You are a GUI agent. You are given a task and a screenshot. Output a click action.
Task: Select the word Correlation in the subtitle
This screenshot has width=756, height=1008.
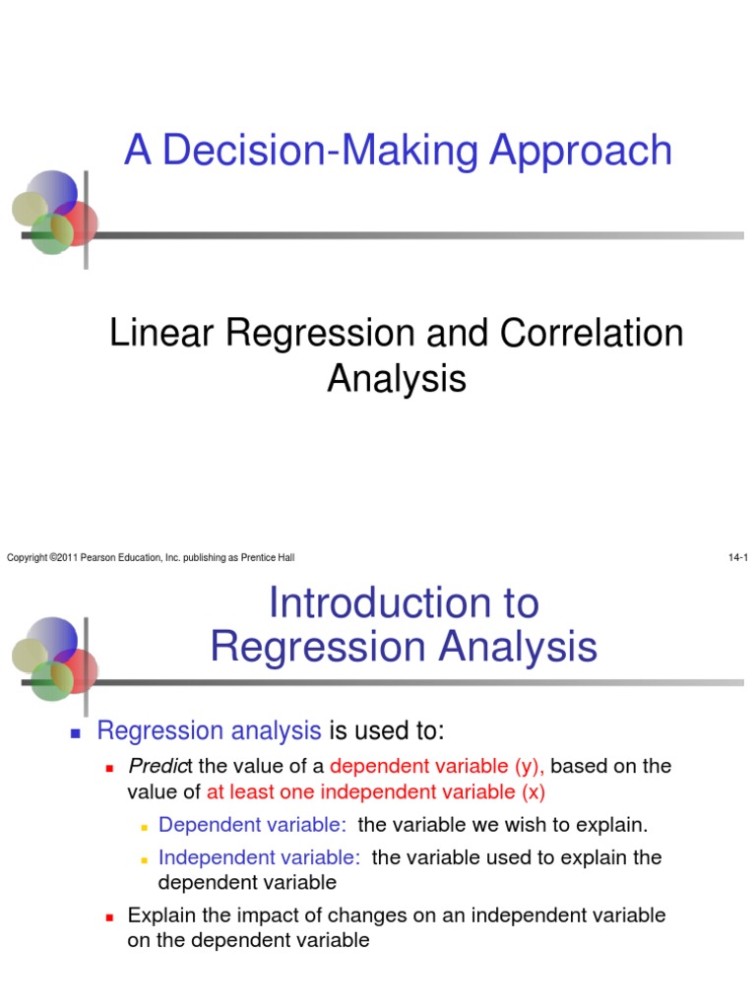click(592, 333)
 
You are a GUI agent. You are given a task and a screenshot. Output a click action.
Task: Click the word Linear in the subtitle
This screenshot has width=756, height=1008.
click(161, 333)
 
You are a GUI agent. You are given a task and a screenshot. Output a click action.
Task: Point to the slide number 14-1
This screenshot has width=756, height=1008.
click(738, 557)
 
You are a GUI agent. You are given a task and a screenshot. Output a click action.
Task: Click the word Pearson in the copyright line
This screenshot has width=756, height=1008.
click(97, 557)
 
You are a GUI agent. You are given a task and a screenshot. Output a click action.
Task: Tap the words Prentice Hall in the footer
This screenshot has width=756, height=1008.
click(268, 557)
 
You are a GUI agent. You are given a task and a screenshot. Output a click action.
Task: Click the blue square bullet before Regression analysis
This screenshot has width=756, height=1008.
click(75, 732)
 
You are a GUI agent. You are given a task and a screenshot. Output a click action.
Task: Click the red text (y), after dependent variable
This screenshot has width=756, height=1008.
click(529, 766)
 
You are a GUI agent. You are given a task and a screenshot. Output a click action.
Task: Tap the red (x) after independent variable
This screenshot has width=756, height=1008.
click(533, 792)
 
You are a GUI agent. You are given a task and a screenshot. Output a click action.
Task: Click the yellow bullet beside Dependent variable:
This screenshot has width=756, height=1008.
click(145, 827)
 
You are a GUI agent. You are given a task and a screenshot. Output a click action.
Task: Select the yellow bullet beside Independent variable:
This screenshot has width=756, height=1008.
click(145, 860)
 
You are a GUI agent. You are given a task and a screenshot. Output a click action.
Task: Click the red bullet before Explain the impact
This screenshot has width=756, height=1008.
click(109, 917)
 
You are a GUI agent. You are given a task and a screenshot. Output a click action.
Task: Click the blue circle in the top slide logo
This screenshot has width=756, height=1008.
click(54, 192)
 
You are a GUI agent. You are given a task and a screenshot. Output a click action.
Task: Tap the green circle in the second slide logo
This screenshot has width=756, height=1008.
click(51, 681)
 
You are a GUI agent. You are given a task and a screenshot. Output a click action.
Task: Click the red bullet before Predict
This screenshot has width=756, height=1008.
click(109, 768)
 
